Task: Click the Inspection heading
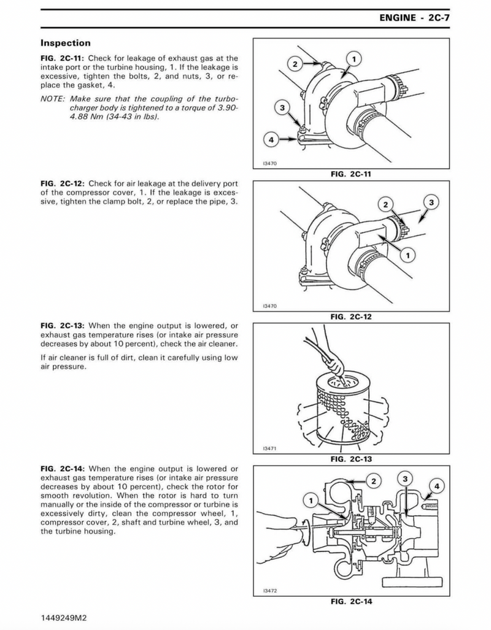pos(65,43)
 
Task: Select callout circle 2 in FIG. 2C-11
pos(295,64)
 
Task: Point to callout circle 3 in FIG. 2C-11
pos(283,108)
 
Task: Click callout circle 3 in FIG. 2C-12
pos(431,202)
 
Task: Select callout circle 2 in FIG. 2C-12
pos(385,204)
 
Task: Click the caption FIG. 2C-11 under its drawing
pos(350,174)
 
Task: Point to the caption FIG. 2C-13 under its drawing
pos(350,458)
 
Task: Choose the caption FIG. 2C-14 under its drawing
pos(350,601)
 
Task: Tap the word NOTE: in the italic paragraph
pos(53,99)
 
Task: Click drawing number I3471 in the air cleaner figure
pos(269,448)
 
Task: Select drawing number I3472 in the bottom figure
pos(269,591)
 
